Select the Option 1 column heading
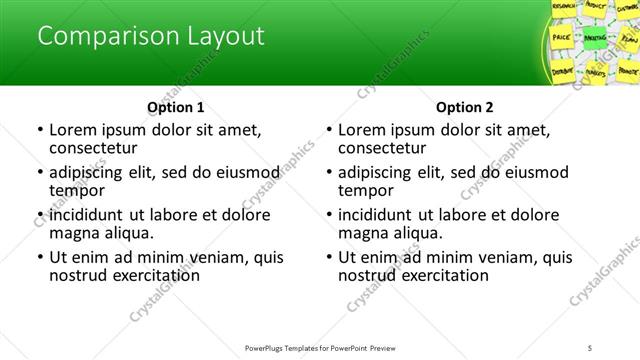tap(176, 107)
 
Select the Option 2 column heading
tap(465, 107)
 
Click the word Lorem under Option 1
tap(72, 130)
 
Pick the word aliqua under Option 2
tap(417, 233)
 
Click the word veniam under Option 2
tap(508, 257)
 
